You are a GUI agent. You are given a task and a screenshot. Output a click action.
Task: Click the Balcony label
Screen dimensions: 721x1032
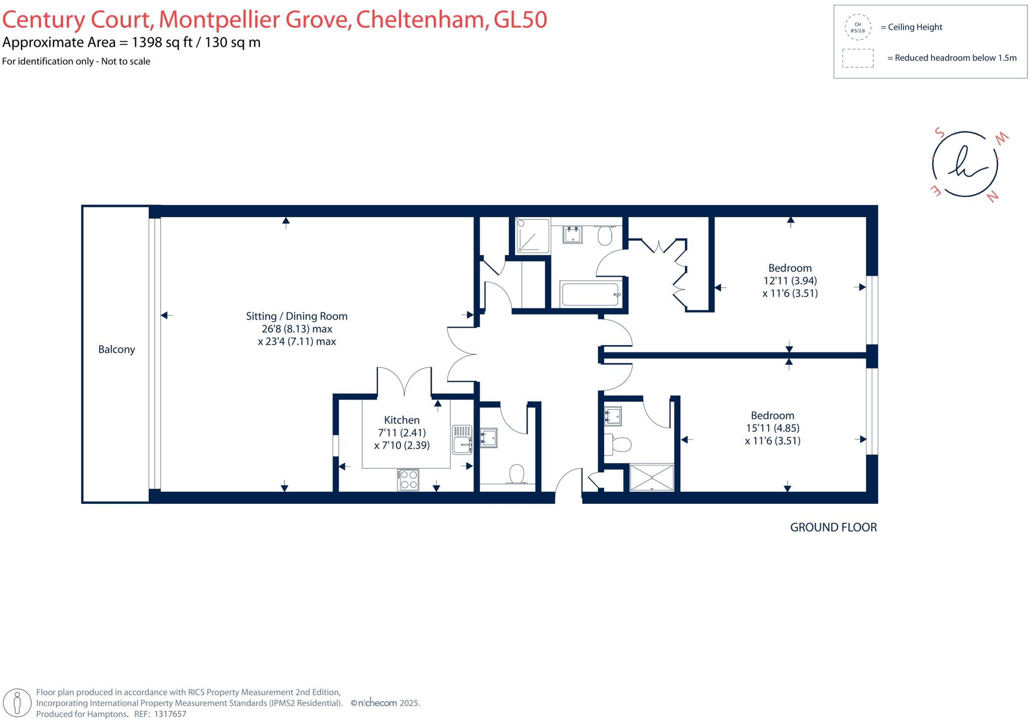click(x=116, y=350)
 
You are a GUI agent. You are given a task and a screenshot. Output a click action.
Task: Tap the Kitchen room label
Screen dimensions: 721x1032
click(x=402, y=420)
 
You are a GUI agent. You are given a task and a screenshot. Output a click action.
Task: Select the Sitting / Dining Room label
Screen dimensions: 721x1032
click(x=296, y=316)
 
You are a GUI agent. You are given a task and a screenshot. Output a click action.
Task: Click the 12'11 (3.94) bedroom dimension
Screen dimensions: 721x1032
click(x=790, y=281)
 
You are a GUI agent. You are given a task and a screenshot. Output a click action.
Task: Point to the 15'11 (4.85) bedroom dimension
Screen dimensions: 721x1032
click(x=772, y=428)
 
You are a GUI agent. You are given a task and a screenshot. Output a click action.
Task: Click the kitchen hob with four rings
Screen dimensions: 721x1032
click(x=408, y=480)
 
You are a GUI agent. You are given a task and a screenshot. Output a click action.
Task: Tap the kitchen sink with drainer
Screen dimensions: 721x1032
click(x=462, y=439)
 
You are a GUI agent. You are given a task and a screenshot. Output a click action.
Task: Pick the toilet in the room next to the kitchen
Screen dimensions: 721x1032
click(x=517, y=475)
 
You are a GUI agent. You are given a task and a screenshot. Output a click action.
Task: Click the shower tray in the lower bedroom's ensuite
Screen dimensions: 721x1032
click(x=652, y=477)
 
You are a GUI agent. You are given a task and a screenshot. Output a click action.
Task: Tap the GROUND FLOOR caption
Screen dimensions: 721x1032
click(x=833, y=528)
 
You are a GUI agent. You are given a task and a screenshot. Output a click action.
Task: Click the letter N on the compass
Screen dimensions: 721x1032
click(x=992, y=196)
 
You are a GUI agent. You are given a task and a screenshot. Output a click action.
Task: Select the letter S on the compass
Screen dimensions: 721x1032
click(x=939, y=133)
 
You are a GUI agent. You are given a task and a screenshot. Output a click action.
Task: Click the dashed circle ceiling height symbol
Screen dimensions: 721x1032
click(x=858, y=27)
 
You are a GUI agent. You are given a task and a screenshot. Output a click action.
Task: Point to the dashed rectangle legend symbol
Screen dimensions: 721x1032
click(x=858, y=58)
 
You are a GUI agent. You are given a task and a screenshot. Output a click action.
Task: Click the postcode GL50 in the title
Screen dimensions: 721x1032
click(x=520, y=20)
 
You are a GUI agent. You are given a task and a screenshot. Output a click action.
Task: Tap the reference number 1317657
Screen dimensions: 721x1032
click(x=170, y=714)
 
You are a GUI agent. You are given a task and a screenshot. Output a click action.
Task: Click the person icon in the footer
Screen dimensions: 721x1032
click(x=18, y=702)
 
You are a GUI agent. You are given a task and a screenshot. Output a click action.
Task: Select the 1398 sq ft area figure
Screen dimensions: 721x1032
click(x=162, y=42)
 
